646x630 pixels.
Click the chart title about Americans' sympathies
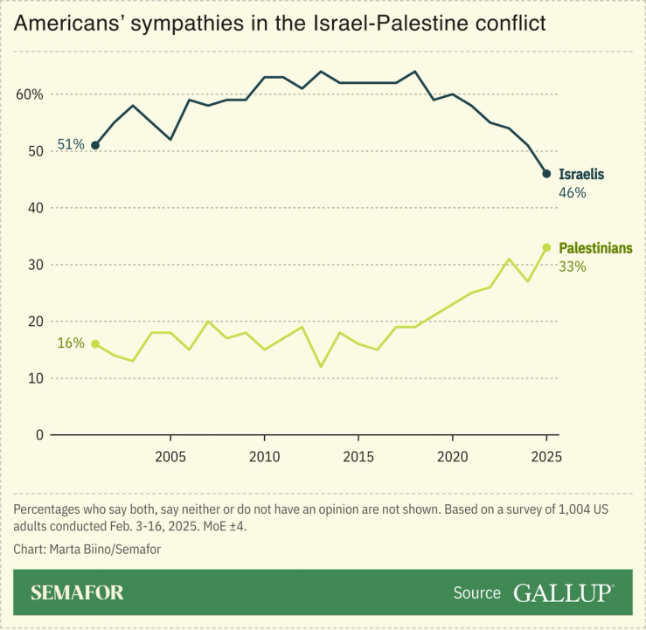click(279, 24)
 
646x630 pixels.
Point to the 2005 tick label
click(170, 456)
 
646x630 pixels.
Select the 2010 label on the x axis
click(264, 456)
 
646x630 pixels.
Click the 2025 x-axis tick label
click(546, 456)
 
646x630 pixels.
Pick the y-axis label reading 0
click(38, 435)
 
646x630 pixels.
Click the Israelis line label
click(580, 174)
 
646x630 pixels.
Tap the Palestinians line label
click(595, 248)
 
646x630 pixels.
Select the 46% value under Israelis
click(572, 192)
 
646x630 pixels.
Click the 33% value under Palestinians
click(572, 267)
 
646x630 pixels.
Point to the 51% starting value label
click(71, 145)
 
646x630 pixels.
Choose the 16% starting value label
click(71, 343)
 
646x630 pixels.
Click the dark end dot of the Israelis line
click(546, 174)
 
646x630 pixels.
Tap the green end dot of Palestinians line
click(546, 247)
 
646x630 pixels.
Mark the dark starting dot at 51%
click(95, 145)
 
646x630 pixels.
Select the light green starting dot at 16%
click(95, 343)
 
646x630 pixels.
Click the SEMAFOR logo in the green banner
click(77, 592)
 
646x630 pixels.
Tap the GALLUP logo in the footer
click(563, 592)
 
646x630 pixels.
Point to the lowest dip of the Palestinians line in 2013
click(321, 366)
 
